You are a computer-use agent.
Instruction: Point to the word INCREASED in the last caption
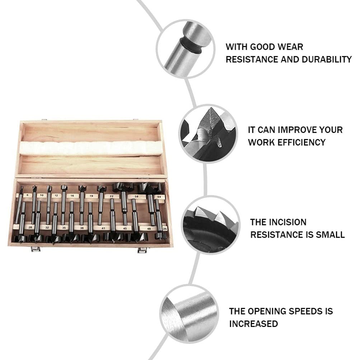[x=254, y=324]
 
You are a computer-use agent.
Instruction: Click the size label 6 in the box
[x=27, y=195]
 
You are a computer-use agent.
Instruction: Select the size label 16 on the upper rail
[x=72, y=196]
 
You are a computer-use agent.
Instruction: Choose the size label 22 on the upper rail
[x=112, y=196]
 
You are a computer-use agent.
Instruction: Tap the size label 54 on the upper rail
[x=159, y=197]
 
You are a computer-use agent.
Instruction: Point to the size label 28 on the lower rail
[x=30, y=227]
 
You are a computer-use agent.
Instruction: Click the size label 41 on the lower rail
[x=103, y=228]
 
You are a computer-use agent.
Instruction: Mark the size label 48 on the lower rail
[x=148, y=228]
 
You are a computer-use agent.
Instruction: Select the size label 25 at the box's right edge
[x=165, y=228]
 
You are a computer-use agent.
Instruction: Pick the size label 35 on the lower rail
[x=64, y=228]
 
